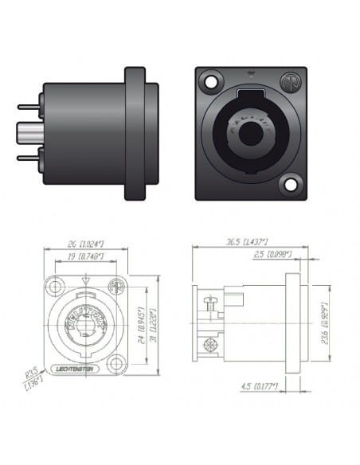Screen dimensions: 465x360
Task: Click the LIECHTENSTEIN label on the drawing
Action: [77, 369]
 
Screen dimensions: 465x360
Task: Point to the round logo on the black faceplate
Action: [289, 81]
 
